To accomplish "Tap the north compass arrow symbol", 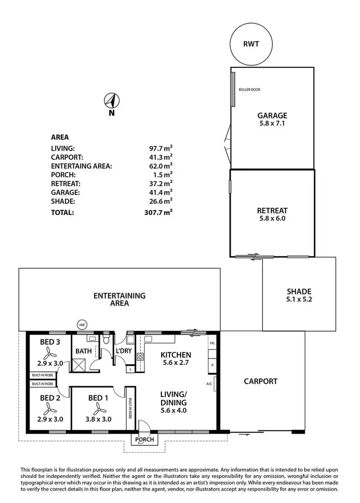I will [x=111, y=101].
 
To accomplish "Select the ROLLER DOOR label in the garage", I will [x=250, y=89].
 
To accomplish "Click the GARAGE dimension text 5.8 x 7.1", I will [x=272, y=123].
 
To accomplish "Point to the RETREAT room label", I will [x=272, y=210].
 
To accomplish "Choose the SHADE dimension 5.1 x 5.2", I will [x=299, y=299].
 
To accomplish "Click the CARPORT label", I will [x=261, y=381].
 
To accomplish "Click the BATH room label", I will [x=83, y=351].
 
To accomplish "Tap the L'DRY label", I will [x=124, y=351].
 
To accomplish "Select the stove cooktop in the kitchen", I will [x=141, y=357].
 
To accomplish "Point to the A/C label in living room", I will [x=209, y=384].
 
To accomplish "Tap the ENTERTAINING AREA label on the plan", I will [x=120, y=299].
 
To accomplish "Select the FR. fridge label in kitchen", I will [x=212, y=344].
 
